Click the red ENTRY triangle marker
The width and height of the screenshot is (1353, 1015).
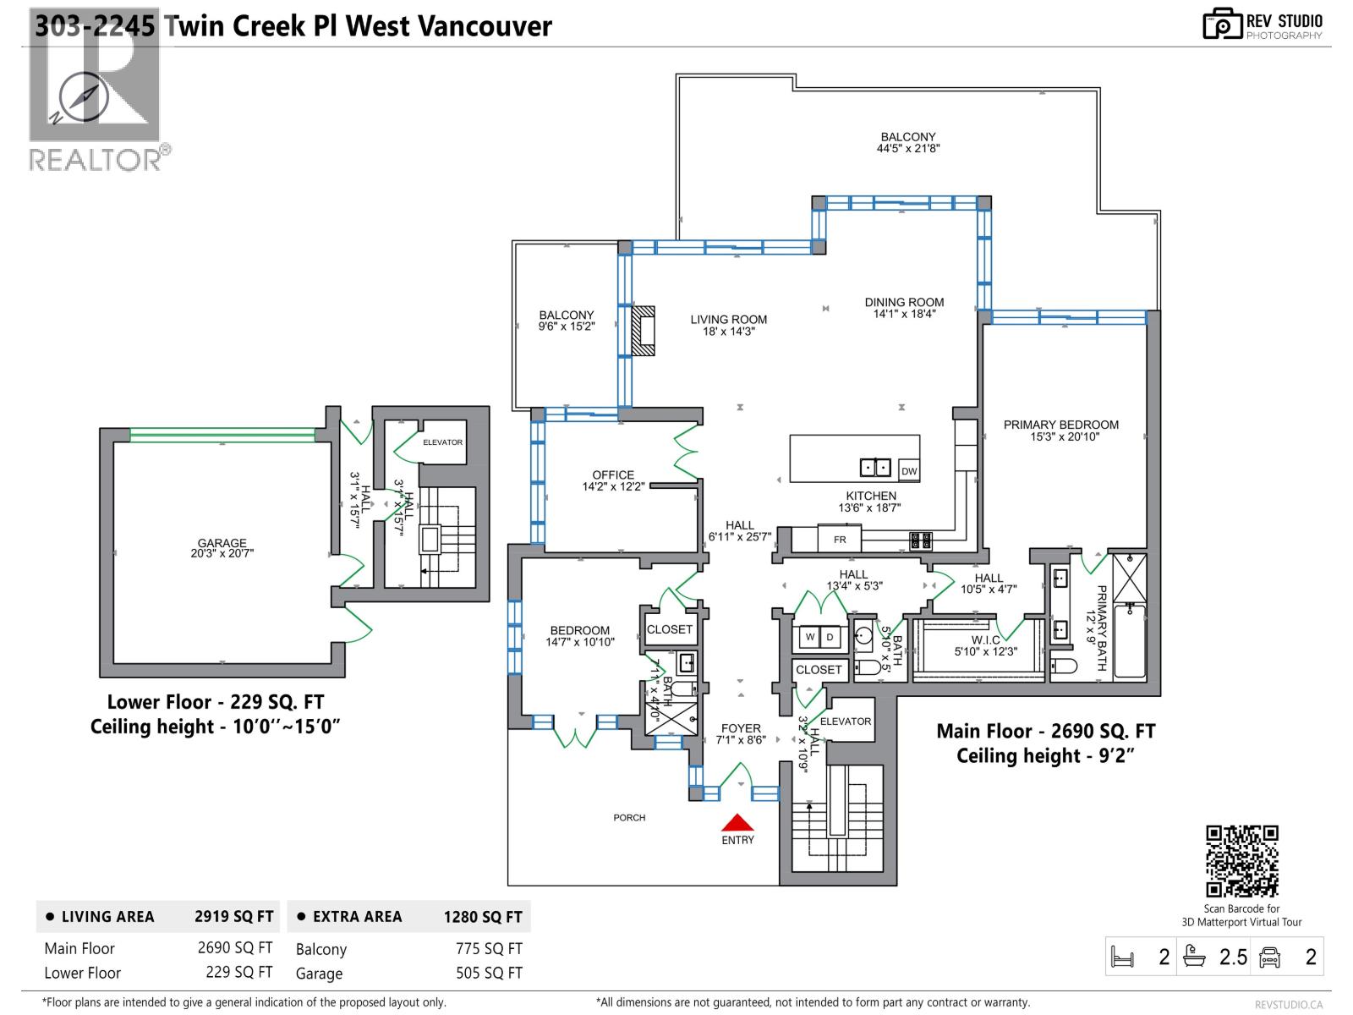click(737, 823)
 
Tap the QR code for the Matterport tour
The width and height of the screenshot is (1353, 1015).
click(1241, 861)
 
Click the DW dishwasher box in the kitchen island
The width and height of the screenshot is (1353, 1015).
click(909, 471)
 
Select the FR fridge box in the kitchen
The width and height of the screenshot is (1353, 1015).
click(840, 539)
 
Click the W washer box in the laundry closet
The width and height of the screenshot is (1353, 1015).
click(809, 637)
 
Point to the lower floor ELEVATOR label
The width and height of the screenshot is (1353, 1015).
click(442, 442)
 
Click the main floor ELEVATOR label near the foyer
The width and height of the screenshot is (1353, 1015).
click(845, 721)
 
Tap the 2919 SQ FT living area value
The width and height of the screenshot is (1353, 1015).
click(234, 917)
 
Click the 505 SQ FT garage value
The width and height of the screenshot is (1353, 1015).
click(489, 974)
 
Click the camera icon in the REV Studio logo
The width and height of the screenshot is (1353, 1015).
click(1222, 25)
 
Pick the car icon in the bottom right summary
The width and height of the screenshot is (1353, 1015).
click(1269, 957)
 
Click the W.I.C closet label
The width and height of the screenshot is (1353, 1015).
click(986, 640)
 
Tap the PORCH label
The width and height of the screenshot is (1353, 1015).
click(629, 818)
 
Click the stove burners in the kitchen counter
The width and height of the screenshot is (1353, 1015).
click(920, 540)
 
